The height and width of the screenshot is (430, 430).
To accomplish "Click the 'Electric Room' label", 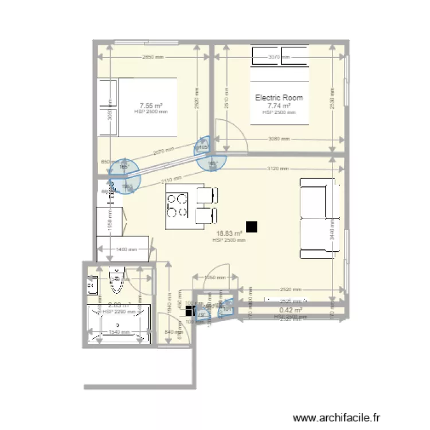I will coord(279,97).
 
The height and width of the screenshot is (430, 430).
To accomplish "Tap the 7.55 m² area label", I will coord(151,105).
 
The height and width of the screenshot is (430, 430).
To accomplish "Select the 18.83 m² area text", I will coord(229,233).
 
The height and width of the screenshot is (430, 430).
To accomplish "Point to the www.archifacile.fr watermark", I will coord(337,417).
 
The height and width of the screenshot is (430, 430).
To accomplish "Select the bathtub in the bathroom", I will coord(118,325).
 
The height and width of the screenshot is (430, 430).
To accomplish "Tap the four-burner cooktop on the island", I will coord(177,206).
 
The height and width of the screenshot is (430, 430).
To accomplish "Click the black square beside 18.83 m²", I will coord(251,227).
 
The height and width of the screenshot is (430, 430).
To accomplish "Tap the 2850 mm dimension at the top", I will coord(153,57).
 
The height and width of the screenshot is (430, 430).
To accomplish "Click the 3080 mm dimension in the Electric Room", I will coord(279,139).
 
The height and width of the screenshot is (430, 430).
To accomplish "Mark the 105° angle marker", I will coord(202,147).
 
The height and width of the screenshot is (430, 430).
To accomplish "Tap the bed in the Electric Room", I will coord(279,86).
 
